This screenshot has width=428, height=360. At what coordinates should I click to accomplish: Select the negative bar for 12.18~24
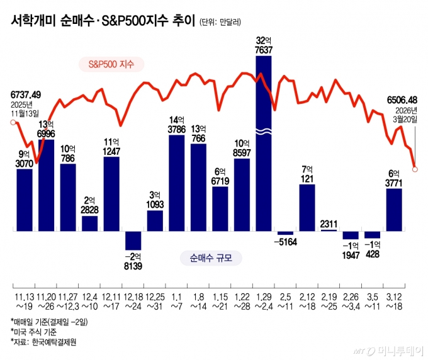click(x=133, y=240)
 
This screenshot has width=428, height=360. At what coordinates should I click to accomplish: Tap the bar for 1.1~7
click(x=177, y=183)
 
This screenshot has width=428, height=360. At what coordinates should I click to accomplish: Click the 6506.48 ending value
click(x=403, y=99)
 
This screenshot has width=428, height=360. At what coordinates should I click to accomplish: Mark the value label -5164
click(x=285, y=242)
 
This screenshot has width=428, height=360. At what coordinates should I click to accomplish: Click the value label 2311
click(x=329, y=223)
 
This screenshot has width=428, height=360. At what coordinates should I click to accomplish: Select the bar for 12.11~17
click(x=111, y=194)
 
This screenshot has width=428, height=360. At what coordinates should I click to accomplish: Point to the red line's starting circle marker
click(x=13, y=122)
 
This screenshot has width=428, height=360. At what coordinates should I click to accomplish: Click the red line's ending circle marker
click(x=415, y=168)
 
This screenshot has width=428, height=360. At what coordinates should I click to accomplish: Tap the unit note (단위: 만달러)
click(x=222, y=23)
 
